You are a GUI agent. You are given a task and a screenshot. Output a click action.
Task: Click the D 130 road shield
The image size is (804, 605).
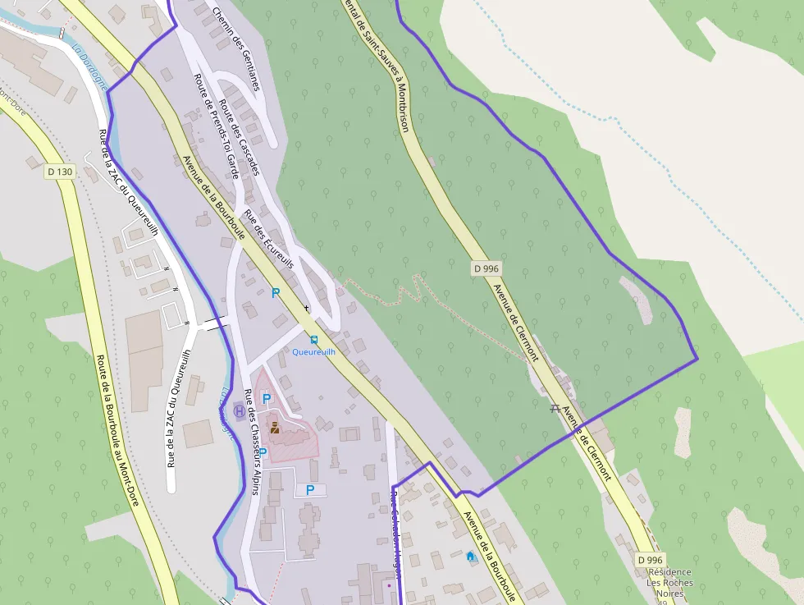tap(60, 172)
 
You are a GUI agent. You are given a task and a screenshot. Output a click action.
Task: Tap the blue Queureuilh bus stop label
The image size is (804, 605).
tap(314, 351)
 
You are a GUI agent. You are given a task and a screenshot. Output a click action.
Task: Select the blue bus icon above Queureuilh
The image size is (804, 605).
tap(313, 339)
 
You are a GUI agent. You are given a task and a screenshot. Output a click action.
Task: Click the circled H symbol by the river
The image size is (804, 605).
tap(239, 410)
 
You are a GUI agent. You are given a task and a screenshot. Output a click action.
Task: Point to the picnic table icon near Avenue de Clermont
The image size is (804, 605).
tap(555, 408)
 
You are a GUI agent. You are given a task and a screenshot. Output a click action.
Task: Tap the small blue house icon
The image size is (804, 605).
tap(470, 556)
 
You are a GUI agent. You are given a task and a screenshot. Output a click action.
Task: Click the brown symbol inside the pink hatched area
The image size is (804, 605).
tap(275, 427)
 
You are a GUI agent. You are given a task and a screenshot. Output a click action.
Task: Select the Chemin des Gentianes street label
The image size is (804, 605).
tap(235, 48)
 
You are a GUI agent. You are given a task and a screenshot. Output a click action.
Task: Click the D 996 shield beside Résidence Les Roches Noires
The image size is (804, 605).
tap(649, 560)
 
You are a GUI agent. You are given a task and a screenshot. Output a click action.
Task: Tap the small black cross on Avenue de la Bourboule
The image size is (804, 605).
tap(307, 308)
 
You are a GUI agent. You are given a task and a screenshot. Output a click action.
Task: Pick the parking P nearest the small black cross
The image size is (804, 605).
tap(276, 292)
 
